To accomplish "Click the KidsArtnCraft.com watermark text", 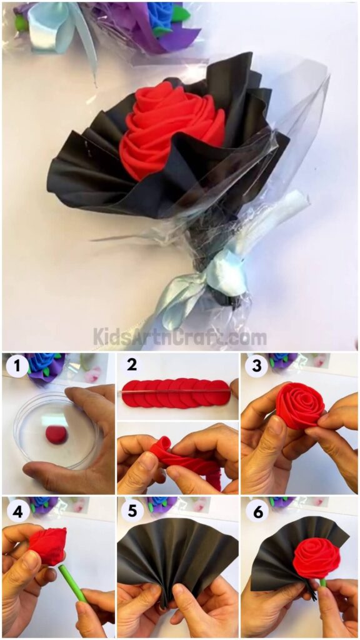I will coord(180,337).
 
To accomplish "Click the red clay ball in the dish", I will coord(57,436).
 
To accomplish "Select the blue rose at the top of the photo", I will coord(161,16).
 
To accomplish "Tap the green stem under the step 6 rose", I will coord(323,583).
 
